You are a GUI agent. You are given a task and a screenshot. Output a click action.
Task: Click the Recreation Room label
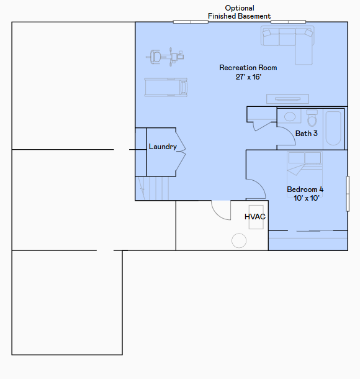[x=248, y=68]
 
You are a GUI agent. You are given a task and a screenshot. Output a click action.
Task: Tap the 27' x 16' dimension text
[x=248, y=77]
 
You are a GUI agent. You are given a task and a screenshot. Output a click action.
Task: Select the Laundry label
[x=163, y=147]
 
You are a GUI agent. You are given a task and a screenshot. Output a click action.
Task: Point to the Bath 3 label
[x=307, y=134]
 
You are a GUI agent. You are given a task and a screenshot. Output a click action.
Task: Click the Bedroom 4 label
[x=305, y=189]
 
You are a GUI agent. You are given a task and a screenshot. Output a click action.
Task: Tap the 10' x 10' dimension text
[x=307, y=198]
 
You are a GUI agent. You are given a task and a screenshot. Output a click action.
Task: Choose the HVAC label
[x=255, y=217]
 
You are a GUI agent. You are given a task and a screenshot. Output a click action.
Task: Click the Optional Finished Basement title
[x=239, y=12]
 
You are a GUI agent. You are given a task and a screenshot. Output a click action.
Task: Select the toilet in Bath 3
[x=312, y=118]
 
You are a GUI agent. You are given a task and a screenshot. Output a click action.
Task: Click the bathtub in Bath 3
[x=333, y=128]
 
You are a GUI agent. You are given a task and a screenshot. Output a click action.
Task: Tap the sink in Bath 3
[x=289, y=117]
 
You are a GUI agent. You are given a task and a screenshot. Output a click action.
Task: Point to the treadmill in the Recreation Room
[x=166, y=87]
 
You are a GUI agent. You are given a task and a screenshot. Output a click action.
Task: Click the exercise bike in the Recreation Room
[x=165, y=57]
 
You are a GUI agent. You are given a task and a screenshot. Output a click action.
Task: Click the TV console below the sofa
[x=287, y=99]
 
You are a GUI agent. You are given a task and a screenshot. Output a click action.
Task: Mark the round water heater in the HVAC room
[x=239, y=240]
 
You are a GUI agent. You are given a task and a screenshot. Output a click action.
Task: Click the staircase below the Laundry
[x=152, y=188]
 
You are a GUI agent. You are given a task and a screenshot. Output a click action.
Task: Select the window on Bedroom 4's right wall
[x=348, y=194]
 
